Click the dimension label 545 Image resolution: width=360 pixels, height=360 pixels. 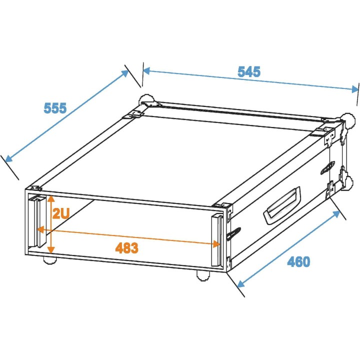click(x=249, y=71)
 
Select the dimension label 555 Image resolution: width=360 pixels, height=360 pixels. click(x=55, y=108)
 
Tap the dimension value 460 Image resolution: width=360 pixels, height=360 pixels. click(x=298, y=261)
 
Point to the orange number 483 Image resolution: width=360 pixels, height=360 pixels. click(x=126, y=247)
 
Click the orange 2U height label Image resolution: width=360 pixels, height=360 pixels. click(x=60, y=213)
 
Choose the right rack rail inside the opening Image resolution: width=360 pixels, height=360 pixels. click(x=216, y=240)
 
